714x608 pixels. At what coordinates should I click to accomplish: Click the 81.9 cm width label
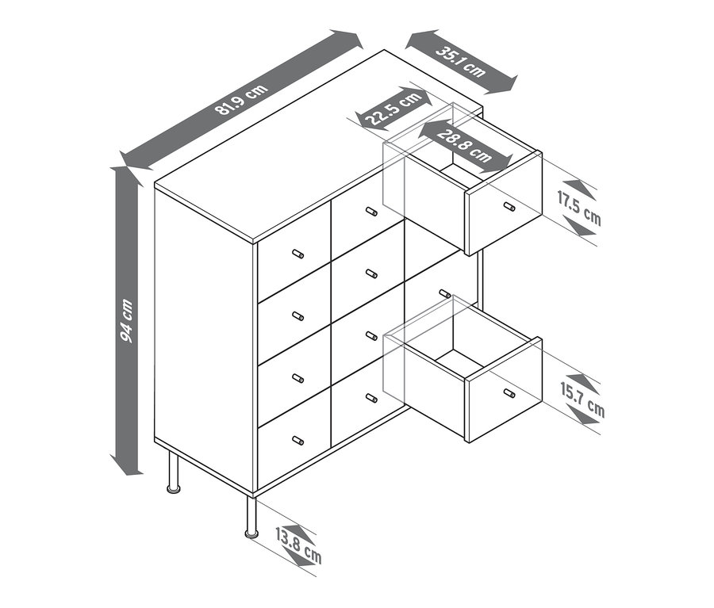point(241,100)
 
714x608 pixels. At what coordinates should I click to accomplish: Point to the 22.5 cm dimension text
point(393,109)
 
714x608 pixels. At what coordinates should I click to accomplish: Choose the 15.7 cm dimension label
point(582,400)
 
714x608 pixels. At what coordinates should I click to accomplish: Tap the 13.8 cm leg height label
point(298,546)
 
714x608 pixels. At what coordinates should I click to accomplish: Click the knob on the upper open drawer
point(509,206)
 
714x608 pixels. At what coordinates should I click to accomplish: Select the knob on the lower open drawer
point(509,392)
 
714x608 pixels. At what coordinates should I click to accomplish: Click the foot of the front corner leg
point(251,533)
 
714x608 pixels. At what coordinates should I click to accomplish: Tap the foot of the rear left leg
point(174,489)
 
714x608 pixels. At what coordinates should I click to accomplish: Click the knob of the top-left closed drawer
point(297,254)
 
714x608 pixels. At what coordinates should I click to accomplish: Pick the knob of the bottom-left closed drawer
point(297,440)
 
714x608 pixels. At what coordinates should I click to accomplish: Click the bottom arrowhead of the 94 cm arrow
point(127,465)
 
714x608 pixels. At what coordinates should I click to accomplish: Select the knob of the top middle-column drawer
point(371,211)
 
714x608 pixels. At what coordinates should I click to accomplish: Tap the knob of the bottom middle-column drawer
point(371,398)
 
